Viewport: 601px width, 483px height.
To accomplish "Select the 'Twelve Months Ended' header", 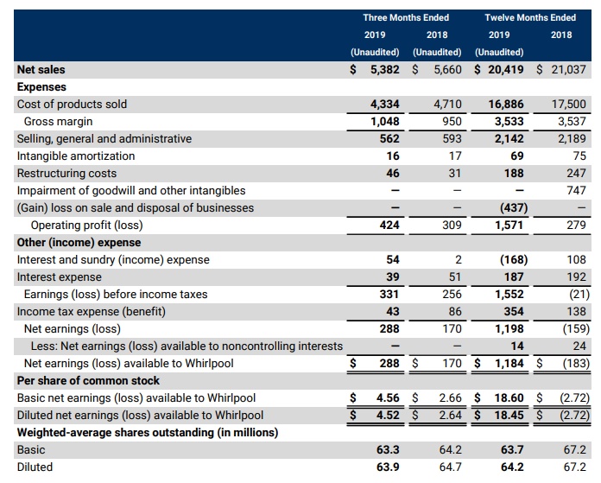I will pyautogui.click(x=529, y=17).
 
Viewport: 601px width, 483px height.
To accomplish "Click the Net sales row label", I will pyautogui.click(x=41, y=69).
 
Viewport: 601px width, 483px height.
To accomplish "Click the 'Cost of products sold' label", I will pyautogui.click(x=72, y=104).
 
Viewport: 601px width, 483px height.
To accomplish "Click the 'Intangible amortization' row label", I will pyautogui.click(x=76, y=156).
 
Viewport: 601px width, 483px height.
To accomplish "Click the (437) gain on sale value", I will pyautogui.click(x=514, y=207).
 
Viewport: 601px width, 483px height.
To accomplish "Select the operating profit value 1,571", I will pyautogui.click(x=509, y=225).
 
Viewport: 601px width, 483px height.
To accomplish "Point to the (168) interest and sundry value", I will pyautogui.click(x=514, y=259).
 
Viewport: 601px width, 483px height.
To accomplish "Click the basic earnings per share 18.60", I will pyautogui.click(x=509, y=397).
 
